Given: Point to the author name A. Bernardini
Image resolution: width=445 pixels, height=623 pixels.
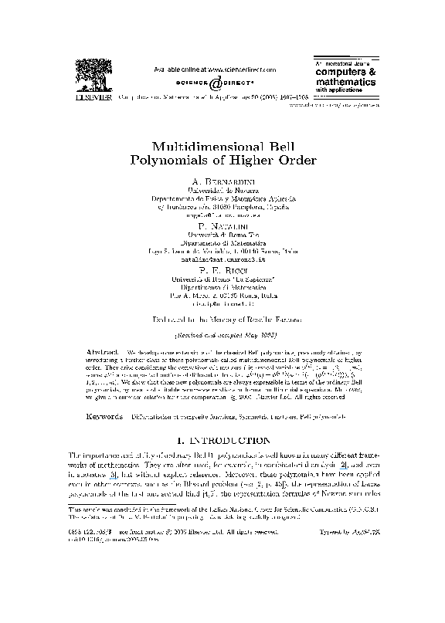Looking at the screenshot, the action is pos(222,181).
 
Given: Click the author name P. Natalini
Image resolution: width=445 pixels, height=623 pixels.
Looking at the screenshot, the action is pos(222,223).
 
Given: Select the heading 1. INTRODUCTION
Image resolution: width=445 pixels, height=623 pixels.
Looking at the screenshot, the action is pos(222,441).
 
